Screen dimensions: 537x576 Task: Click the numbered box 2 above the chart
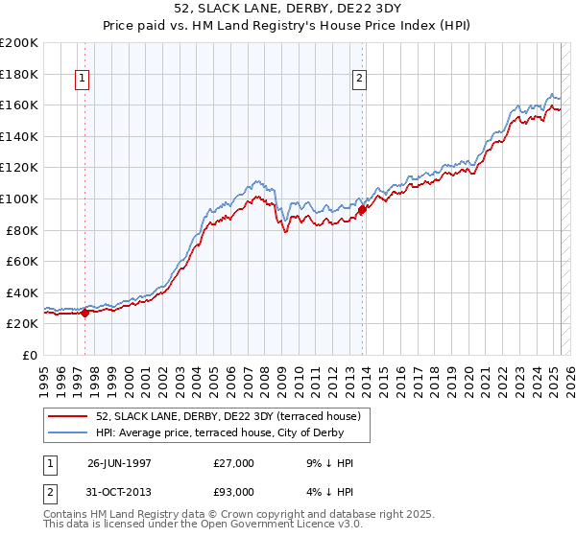coord(359,80)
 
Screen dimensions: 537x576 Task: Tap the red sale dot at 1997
coord(85,312)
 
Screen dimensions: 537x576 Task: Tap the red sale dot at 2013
coord(363,209)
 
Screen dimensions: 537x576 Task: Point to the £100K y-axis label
coord(19,198)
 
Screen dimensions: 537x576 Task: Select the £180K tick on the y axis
coord(19,74)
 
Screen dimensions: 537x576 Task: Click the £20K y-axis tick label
coord(23,324)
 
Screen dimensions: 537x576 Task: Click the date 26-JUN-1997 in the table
coord(120,463)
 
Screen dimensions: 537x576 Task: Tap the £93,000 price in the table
coord(234,491)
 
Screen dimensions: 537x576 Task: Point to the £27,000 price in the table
coord(234,463)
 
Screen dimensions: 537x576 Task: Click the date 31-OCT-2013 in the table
coord(121,491)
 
